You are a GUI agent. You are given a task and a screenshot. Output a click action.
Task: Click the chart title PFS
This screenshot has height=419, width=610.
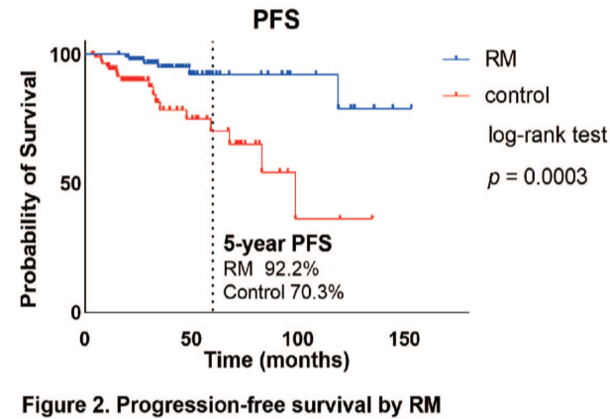click(277, 19)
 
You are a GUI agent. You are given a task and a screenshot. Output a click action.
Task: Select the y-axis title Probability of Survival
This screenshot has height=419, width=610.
click(30, 184)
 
